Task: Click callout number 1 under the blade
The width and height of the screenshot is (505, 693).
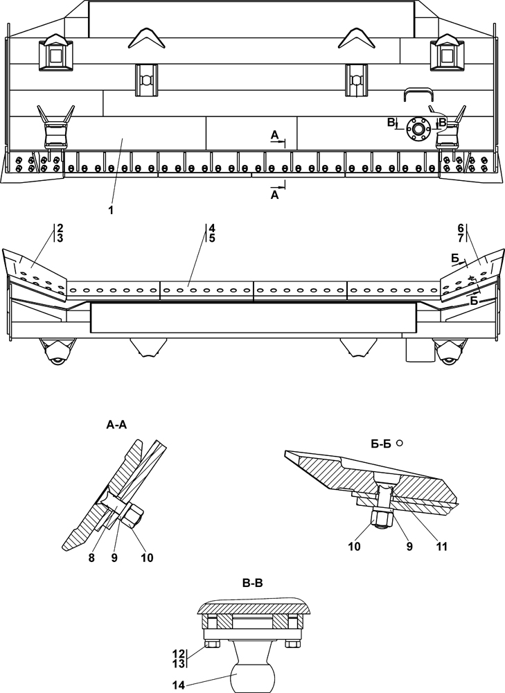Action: click(x=111, y=211)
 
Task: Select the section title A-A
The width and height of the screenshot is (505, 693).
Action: click(x=116, y=425)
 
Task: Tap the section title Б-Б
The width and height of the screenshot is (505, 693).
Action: click(x=381, y=444)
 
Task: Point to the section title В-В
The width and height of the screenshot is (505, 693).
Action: click(x=253, y=584)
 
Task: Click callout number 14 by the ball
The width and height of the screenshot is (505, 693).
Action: click(x=179, y=686)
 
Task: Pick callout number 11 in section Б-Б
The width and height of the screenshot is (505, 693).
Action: click(x=441, y=547)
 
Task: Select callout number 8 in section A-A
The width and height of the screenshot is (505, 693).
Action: click(x=91, y=558)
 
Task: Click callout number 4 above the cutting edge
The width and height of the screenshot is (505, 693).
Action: click(x=212, y=228)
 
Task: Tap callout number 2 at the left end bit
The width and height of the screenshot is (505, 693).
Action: click(x=60, y=228)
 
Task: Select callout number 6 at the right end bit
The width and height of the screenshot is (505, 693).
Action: click(x=461, y=228)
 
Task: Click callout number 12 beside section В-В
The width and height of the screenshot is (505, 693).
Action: click(x=179, y=652)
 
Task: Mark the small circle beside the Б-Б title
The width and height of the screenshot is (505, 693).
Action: click(x=400, y=442)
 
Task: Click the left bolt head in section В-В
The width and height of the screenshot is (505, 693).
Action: click(x=212, y=644)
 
